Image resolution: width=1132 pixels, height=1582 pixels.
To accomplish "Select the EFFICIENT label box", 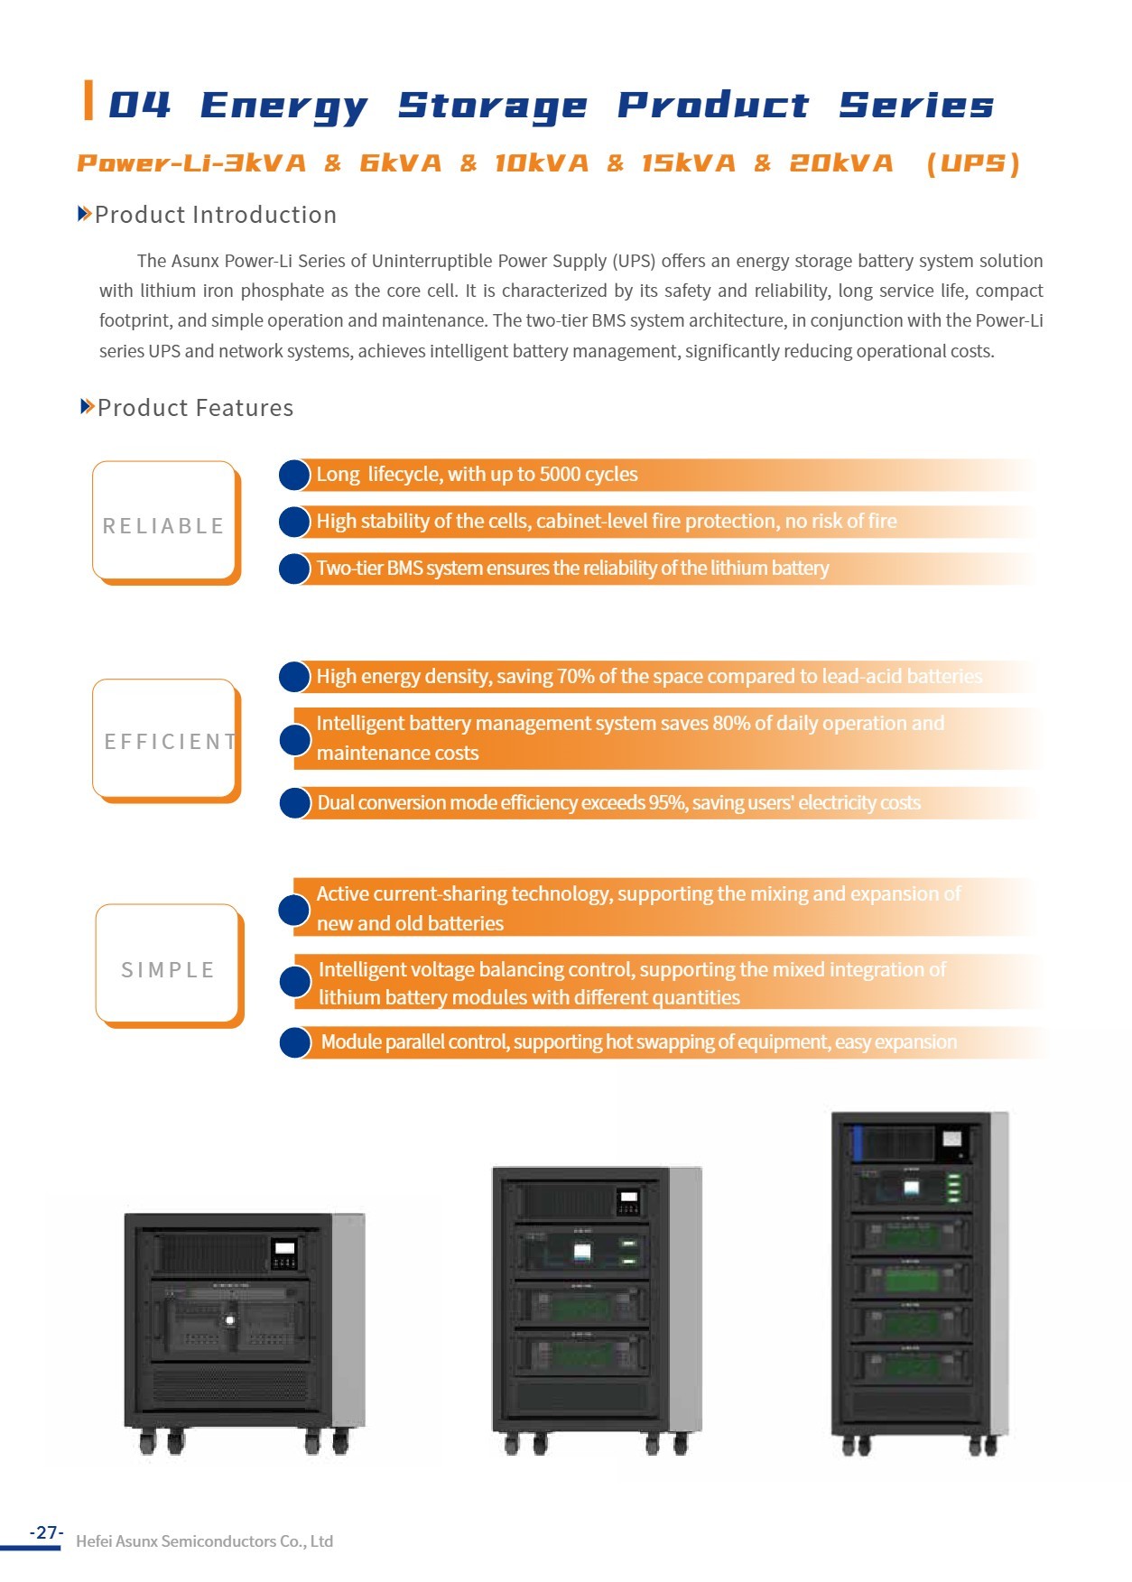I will point(165,740).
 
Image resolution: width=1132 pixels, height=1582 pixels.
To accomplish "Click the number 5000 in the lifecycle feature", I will point(561,475).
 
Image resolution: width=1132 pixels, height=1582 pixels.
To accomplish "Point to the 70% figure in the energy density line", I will point(575,677).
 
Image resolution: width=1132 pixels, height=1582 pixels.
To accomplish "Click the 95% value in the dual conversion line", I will point(668,803).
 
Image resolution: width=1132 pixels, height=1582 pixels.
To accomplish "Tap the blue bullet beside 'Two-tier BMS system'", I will point(294,569).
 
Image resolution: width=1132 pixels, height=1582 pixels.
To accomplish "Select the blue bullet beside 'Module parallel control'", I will point(295,1042).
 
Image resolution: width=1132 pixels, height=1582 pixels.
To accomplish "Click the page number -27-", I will point(46,1532).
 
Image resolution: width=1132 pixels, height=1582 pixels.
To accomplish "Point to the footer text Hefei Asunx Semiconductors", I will point(204,1541).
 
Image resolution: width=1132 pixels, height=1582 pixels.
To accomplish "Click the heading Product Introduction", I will point(215,215).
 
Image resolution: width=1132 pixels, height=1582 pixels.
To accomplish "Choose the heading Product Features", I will point(195,408).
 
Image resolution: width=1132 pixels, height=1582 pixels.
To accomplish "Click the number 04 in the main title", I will point(139,105).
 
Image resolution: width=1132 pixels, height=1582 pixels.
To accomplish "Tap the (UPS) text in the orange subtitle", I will point(973,163).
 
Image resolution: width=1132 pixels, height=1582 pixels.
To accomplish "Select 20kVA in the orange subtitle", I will point(841,163).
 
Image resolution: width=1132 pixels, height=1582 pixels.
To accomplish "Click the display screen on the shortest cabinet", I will point(284,1249).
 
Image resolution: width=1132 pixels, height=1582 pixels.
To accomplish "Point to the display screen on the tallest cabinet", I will point(951,1139).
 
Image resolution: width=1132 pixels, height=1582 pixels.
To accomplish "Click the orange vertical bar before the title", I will point(88,100).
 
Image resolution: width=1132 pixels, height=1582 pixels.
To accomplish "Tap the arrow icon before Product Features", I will point(87,407).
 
